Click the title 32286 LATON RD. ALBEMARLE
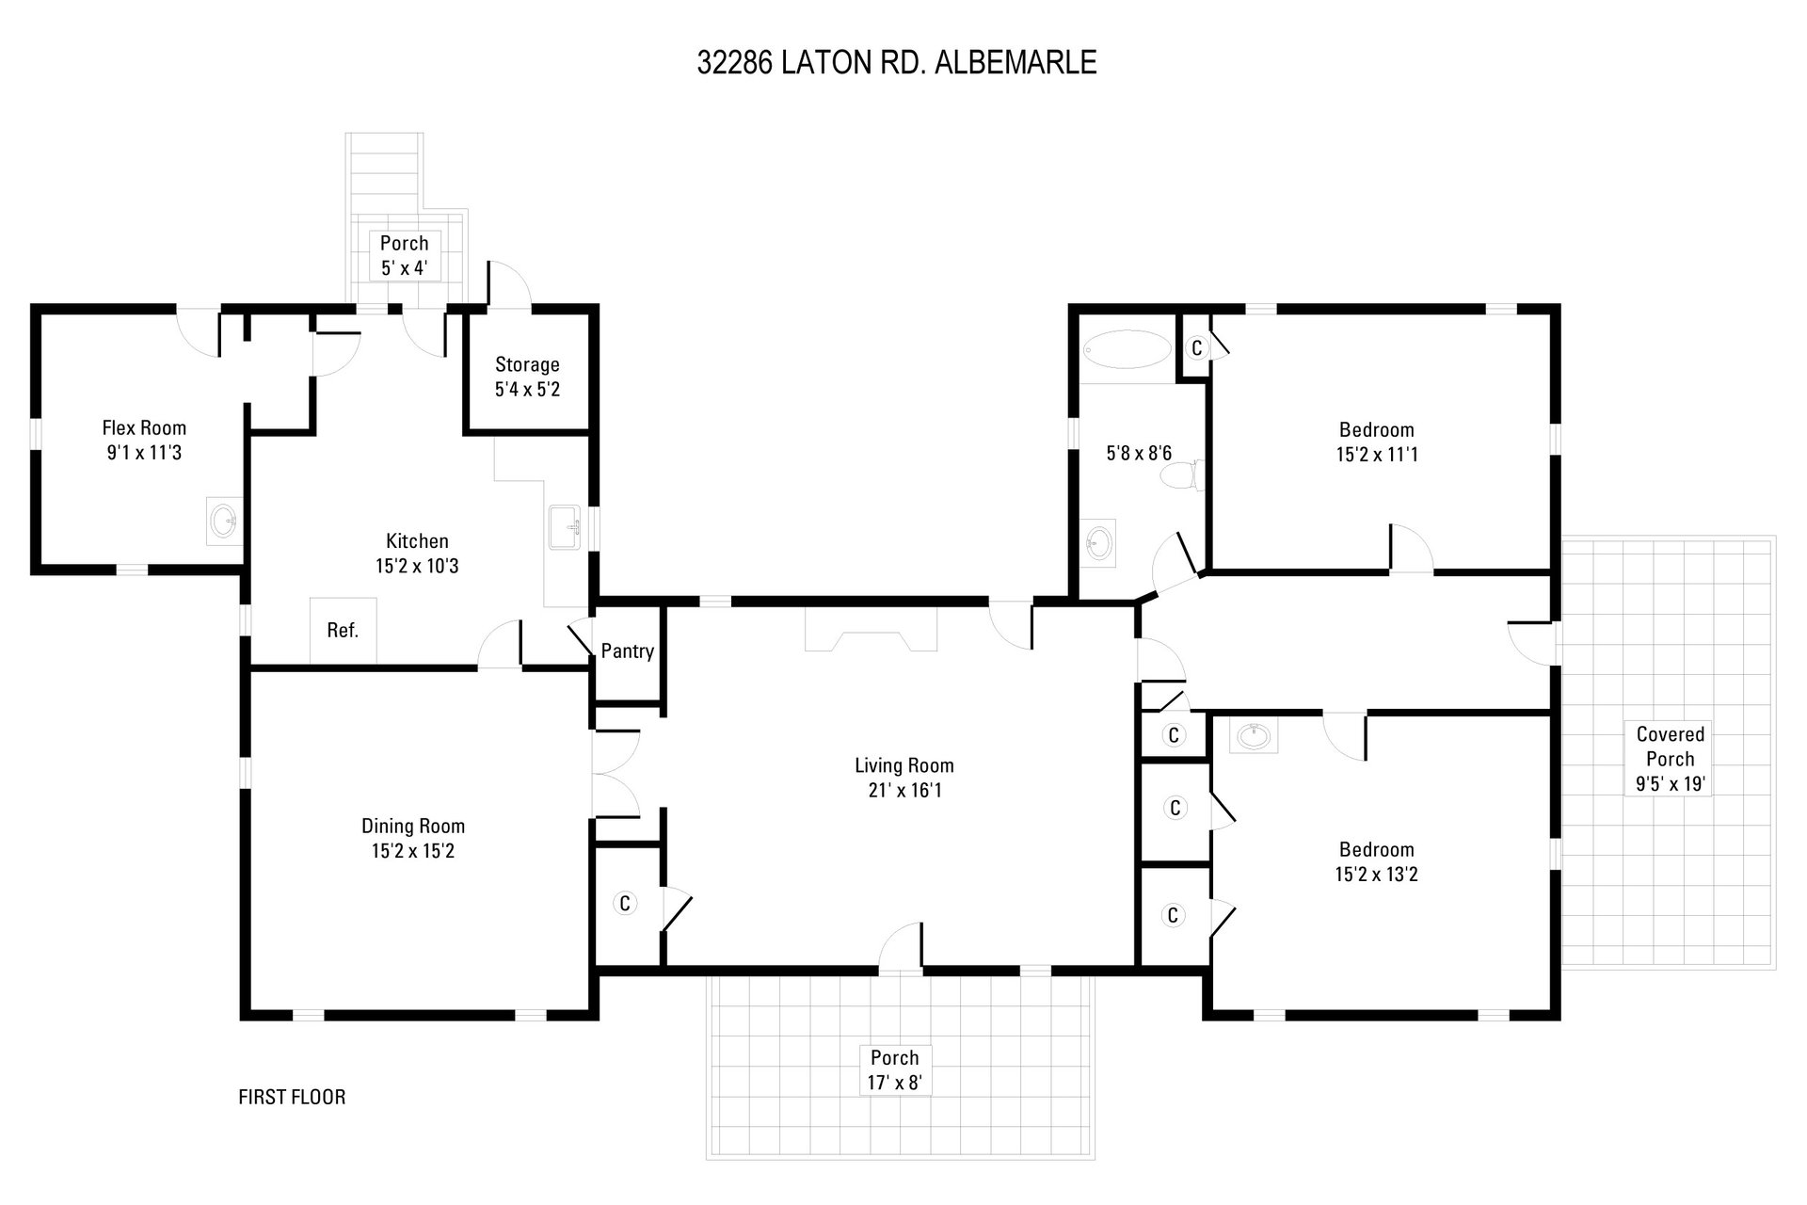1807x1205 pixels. coord(897,62)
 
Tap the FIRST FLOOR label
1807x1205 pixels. coord(292,1097)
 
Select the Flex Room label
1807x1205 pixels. coord(144,428)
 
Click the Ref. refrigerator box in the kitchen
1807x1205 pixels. coord(343,631)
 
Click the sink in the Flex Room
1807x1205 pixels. coord(224,521)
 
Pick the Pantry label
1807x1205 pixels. coord(628,651)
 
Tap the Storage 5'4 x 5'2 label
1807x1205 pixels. coord(527,377)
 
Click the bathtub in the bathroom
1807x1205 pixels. coord(1127,349)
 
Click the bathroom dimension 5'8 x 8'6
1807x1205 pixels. coord(1139,453)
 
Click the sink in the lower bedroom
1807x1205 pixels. coord(1254,736)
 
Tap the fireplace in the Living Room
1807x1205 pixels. coord(872,629)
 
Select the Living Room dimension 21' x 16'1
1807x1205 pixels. coord(904,790)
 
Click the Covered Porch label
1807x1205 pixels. coord(1671,747)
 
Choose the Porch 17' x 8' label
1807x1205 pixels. coord(894,1069)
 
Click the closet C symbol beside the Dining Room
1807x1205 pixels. coord(624,903)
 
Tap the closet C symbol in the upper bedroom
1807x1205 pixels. coord(1196,347)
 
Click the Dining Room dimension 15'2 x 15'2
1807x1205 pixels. coord(413,851)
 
